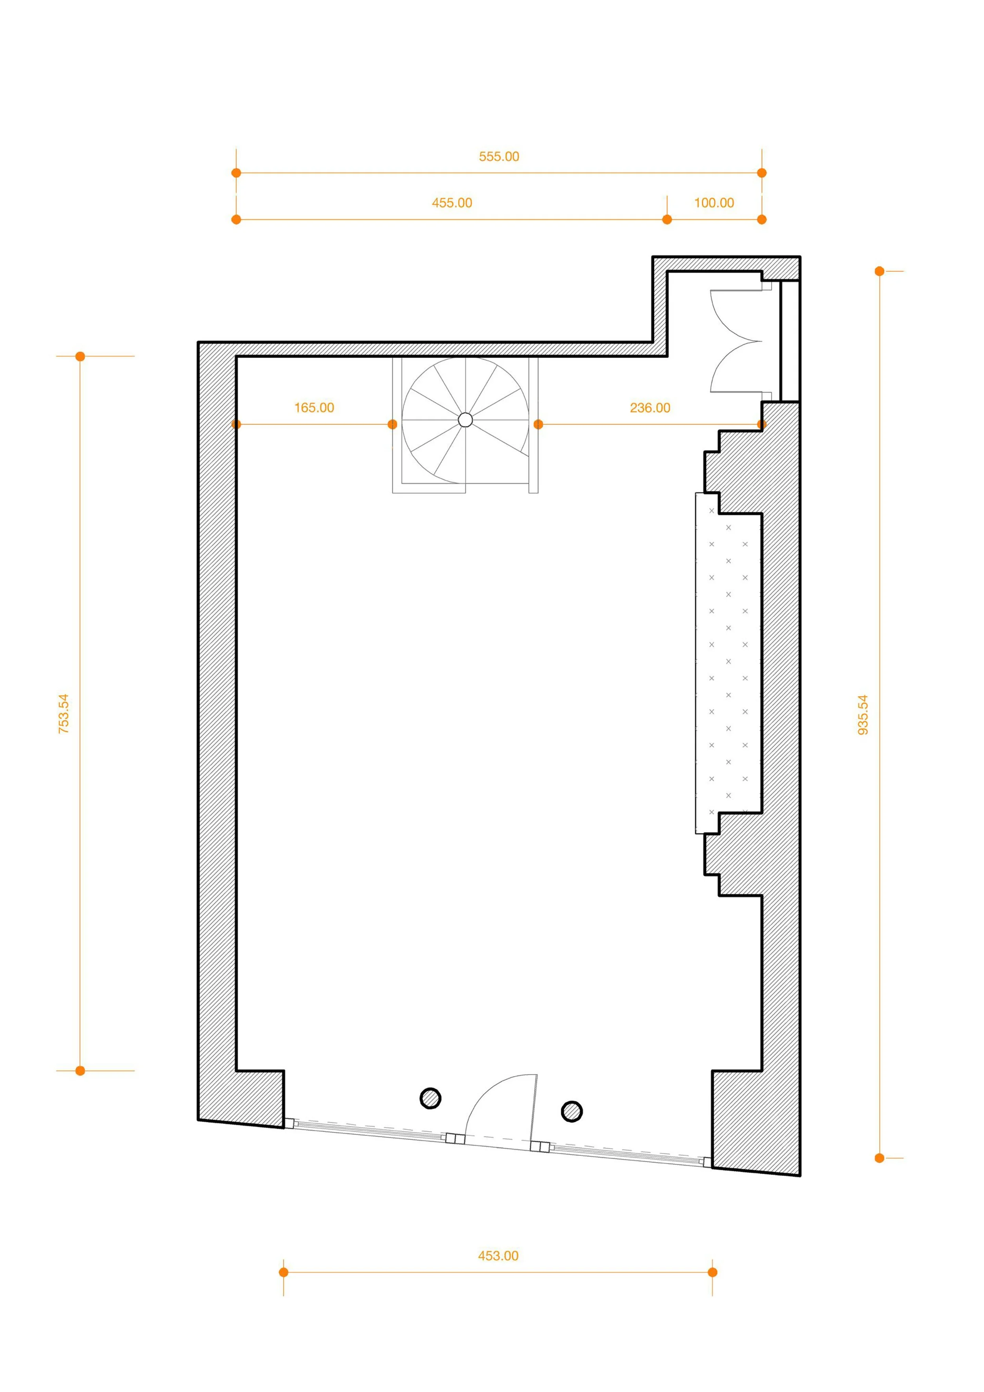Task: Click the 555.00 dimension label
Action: coord(499,156)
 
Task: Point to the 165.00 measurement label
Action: coord(314,408)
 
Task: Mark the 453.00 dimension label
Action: coord(498,1256)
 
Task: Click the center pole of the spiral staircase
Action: coord(465,419)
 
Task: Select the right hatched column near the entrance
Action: coord(572,1111)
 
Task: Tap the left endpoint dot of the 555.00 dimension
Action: coord(236,173)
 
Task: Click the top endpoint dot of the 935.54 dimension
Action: coord(880,271)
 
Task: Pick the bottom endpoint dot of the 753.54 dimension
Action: coord(80,1071)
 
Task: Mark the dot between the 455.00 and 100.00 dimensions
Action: coord(667,219)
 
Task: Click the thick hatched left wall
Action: coord(217,728)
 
